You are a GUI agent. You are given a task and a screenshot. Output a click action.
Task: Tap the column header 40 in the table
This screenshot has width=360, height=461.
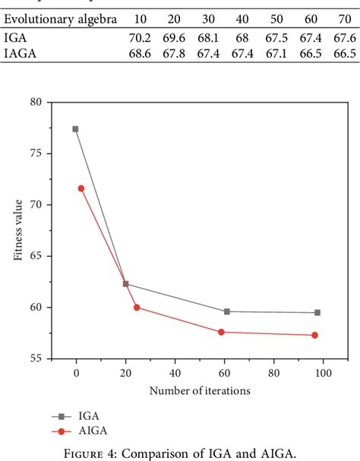tap(242, 18)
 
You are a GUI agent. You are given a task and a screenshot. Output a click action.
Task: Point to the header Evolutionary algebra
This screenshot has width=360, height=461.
tap(61, 18)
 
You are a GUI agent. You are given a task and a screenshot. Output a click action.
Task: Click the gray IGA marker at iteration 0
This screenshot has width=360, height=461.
tap(75, 129)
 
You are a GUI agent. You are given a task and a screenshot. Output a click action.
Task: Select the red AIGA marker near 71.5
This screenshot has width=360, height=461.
tap(81, 188)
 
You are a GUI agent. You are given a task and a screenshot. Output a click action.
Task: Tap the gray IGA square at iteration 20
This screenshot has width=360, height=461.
tap(125, 284)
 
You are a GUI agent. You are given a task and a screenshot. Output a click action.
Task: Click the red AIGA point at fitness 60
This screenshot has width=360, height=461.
tap(137, 308)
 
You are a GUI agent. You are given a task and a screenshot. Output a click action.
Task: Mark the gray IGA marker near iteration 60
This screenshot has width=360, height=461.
tap(227, 311)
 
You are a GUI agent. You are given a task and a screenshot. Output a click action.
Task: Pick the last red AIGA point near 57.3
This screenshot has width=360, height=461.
tap(314, 335)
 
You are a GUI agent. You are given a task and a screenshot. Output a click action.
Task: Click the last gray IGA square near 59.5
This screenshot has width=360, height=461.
tap(317, 312)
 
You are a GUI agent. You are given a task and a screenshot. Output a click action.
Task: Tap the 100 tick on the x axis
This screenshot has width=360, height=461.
tap(324, 374)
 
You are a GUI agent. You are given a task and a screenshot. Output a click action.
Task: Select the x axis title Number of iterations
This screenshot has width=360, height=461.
tap(200, 390)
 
